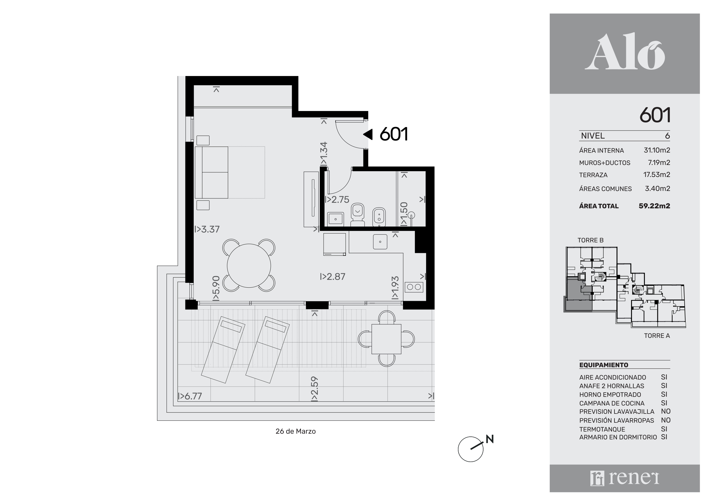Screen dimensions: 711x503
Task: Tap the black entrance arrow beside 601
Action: (x=368, y=134)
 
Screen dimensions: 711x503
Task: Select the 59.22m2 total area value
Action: (x=654, y=206)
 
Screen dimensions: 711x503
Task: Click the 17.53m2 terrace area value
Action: (x=657, y=175)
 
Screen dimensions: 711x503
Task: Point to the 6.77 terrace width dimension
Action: (x=190, y=396)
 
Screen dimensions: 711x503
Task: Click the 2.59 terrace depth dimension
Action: (x=315, y=389)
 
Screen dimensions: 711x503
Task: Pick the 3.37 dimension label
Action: (x=207, y=229)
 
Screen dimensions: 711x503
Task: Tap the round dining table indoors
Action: (x=249, y=266)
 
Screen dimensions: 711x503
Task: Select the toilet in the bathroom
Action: (x=358, y=214)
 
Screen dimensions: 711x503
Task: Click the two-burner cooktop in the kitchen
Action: (x=414, y=287)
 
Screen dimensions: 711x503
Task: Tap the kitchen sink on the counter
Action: (x=380, y=242)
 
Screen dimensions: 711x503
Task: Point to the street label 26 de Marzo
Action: (x=295, y=431)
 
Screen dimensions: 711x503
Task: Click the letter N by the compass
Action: (x=489, y=439)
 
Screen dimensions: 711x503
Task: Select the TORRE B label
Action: (x=590, y=240)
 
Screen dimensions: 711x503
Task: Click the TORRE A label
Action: (x=657, y=336)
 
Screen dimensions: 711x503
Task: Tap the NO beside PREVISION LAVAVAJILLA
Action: (x=666, y=412)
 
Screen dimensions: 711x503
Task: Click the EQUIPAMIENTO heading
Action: (x=604, y=365)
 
